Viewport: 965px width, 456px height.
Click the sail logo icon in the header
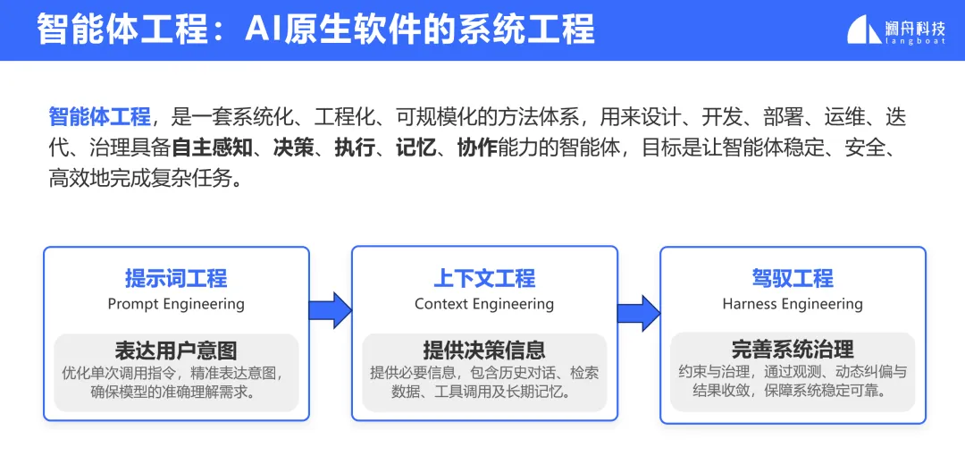(x=864, y=30)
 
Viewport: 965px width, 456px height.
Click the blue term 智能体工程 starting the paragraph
(x=99, y=117)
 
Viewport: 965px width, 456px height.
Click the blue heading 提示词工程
(x=176, y=278)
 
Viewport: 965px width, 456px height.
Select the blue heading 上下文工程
(x=484, y=278)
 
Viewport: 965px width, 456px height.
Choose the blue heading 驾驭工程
(x=793, y=278)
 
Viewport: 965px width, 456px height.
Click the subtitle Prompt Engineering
(x=176, y=304)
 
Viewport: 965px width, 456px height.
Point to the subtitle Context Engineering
(x=484, y=304)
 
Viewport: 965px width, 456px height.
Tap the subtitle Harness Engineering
(x=793, y=304)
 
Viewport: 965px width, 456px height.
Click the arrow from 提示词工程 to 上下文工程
(x=330, y=309)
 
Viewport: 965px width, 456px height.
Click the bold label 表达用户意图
(x=176, y=350)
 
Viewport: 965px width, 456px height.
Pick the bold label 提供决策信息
(x=484, y=350)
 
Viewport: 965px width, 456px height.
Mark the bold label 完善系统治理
(x=793, y=349)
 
